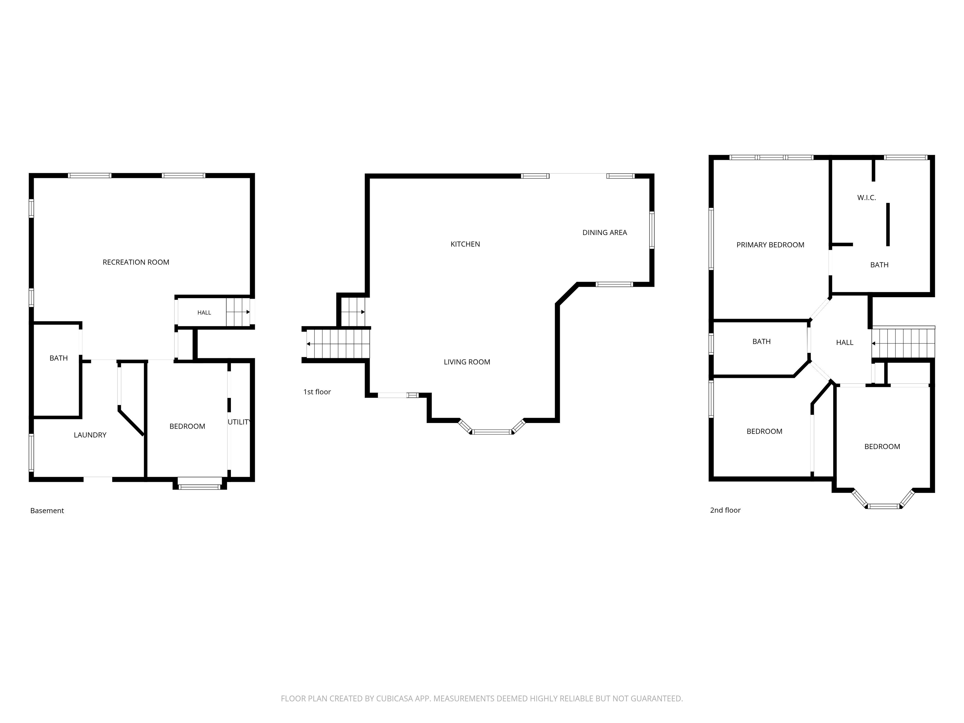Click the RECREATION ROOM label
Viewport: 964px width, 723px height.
136,262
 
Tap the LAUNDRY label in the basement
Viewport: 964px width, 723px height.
90,435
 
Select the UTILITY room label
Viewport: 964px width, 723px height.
239,422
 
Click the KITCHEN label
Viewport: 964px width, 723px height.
465,244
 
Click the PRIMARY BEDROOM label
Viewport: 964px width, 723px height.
770,245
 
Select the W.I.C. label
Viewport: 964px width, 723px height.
866,197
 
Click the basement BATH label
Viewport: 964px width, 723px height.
58,358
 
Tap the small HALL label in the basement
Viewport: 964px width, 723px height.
204,313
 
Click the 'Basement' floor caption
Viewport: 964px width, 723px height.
47,510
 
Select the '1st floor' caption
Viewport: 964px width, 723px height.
317,392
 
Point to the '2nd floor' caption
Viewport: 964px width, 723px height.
725,510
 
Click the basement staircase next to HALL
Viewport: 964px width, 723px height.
238,312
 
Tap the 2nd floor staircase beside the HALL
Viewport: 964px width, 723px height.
903,343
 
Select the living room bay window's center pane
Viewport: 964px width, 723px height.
492,432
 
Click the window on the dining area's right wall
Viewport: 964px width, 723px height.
652,230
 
